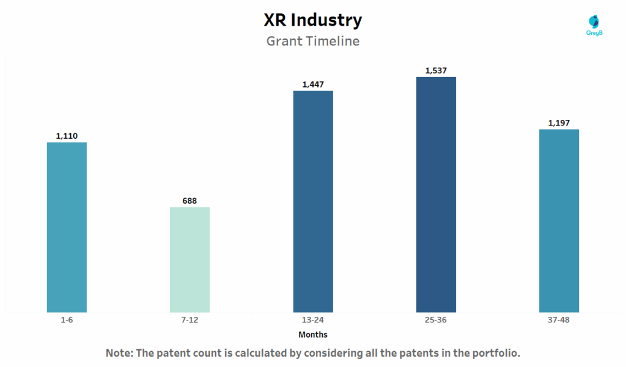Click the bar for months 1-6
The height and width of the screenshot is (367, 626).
(x=67, y=227)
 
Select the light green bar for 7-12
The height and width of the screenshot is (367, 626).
(x=190, y=259)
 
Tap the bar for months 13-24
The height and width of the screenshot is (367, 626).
(x=313, y=201)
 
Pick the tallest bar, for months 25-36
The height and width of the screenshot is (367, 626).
(x=436, y=195)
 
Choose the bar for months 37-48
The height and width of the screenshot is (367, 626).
(x=559, y=220)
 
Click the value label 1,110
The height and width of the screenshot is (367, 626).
(x=67, y=136)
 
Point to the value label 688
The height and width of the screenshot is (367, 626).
(x=190, y=201)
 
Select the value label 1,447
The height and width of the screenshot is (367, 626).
(x=313, y=84)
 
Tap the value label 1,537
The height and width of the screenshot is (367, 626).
(x=436, y=70)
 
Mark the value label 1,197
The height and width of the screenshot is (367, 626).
(x=559, y=123)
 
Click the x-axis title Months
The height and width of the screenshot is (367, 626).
(x=313, y=335)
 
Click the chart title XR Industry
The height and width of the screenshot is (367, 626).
(x=313, y=20)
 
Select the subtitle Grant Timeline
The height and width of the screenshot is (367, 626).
(x=313, y=42)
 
